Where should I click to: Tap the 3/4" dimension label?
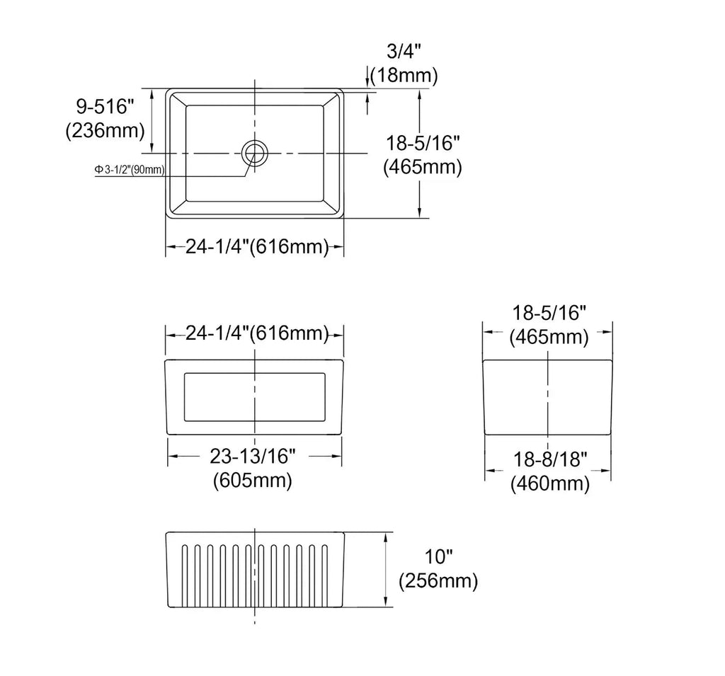[x=404, y=51]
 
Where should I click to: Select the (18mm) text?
[x=404, y=75]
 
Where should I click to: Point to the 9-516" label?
[x=105, y=107]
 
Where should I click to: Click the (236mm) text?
[x=105, y=131]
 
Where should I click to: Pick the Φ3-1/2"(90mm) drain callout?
[x=130, y=170]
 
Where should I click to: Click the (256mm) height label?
[x=438, y=580]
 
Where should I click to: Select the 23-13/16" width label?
[x=253, y=457]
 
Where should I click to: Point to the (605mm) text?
[x=253, y=481]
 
